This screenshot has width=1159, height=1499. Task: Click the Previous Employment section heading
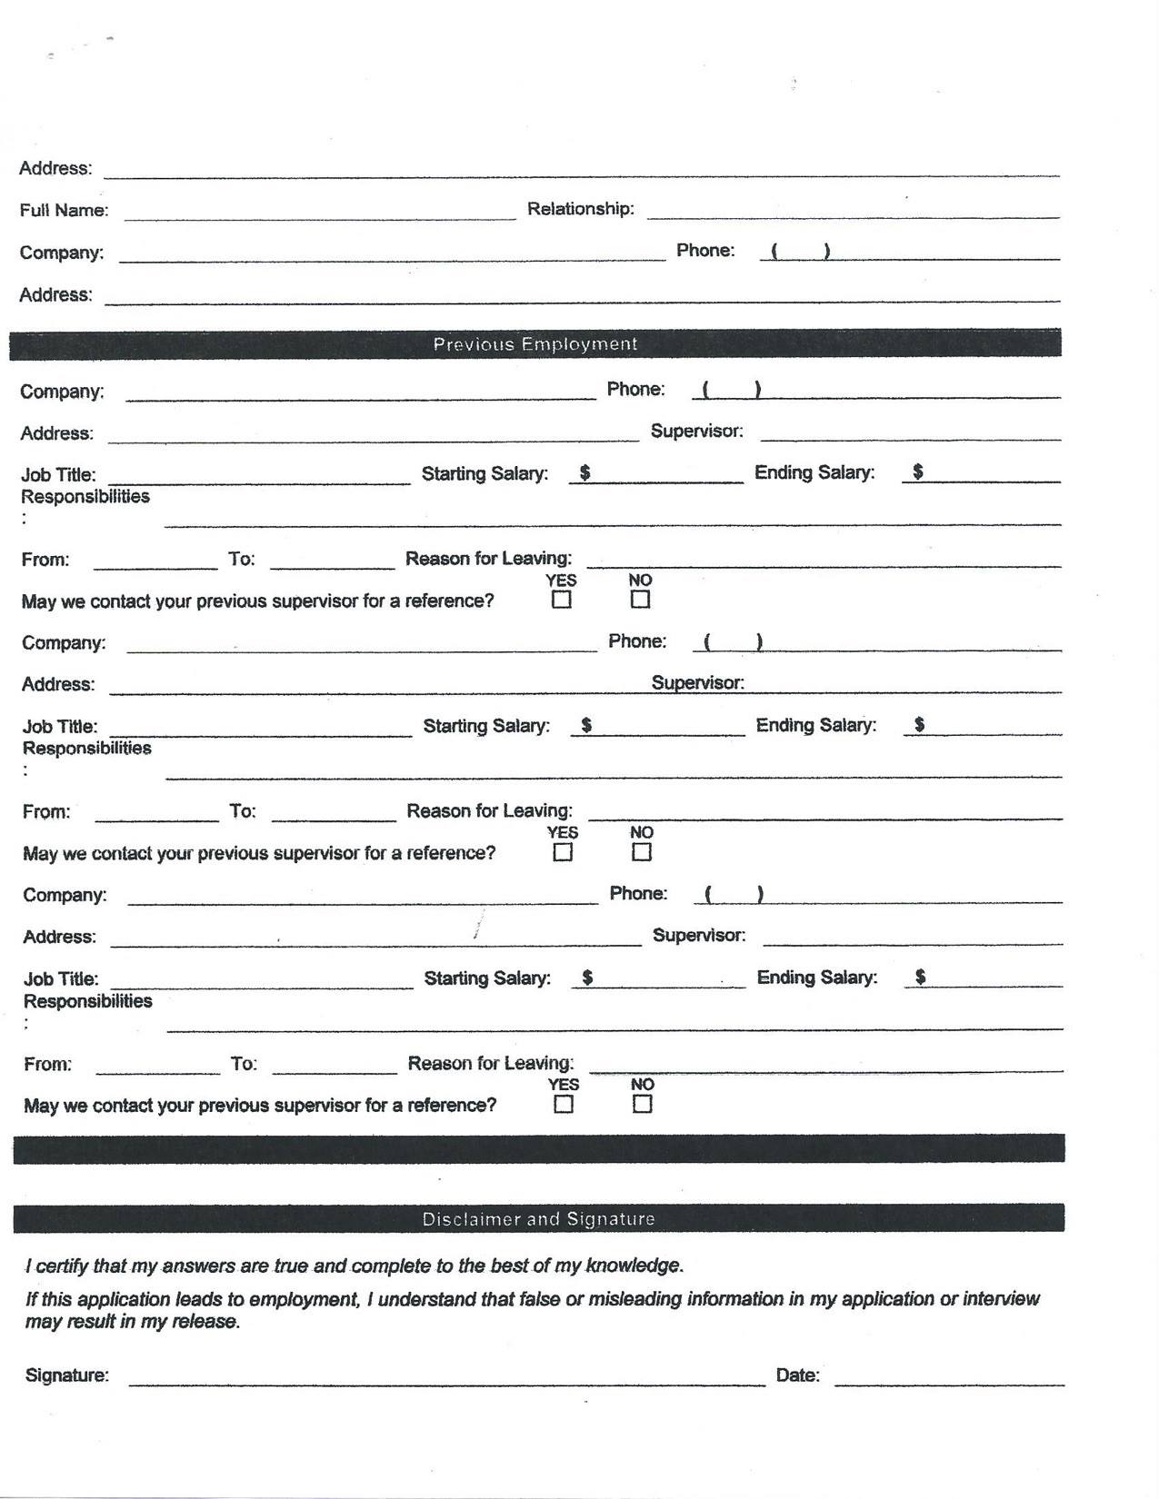click(535, 344)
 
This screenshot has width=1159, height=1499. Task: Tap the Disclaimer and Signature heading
click(538, 1219)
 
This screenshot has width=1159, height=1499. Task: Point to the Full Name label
click(64, 211)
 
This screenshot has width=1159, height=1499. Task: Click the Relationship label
click(581, 209)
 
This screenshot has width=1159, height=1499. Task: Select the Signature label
click(67, 1375)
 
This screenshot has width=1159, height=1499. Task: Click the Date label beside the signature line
click(797, 1375)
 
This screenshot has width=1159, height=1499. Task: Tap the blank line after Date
click(949, 1379)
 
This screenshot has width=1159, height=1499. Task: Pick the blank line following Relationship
click(853, 213)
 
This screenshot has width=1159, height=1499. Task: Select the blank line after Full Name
click(320, 213)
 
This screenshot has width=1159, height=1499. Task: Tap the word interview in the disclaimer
click(1001, 1299)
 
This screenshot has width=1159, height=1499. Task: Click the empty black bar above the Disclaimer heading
click(538, 1149)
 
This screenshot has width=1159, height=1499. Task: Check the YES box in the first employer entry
click(562, 600)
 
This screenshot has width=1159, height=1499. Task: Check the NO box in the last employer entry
click(643, 1105)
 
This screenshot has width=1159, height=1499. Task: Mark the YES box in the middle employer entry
click(564, 852)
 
